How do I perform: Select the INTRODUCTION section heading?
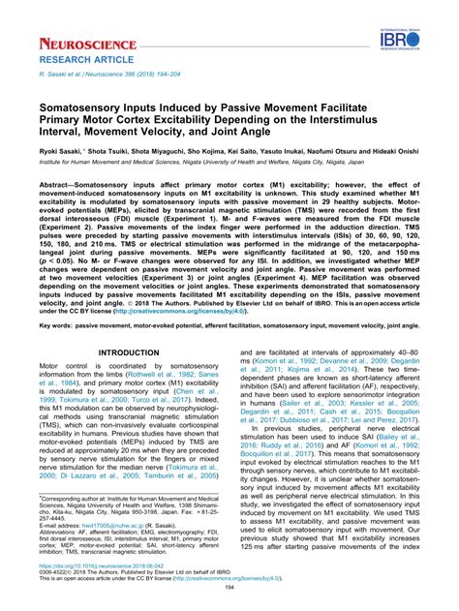pyautogui.click(x=130, y=352)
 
